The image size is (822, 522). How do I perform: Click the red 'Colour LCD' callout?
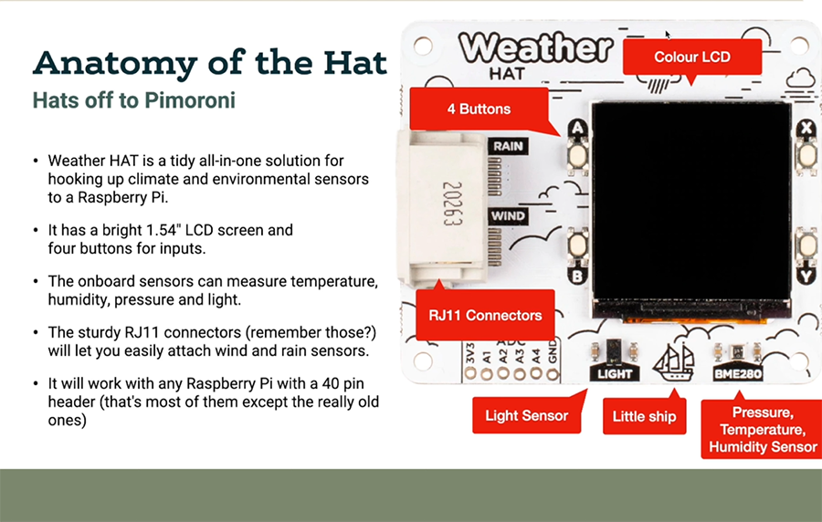point(692,57)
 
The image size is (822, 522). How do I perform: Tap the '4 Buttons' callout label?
point(479,109)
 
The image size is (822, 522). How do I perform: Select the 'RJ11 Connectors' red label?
point(485,315)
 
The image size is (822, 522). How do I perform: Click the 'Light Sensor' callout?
point(526,415)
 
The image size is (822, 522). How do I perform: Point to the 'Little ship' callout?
point(644,416)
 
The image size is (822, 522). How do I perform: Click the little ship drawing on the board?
point(674,361)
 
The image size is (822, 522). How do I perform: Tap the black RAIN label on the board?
point(508,146)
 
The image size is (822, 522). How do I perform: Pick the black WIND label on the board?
point(508,216)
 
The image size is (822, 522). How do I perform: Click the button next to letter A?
point(578,154)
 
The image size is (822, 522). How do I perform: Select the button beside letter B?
point(578,245)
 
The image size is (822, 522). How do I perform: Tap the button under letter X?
point(807,155)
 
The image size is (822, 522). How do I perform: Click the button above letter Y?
point(807,245)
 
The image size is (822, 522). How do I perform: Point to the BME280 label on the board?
point(738,373)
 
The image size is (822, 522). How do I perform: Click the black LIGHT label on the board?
point(615,373)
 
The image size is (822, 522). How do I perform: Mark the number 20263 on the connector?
point(452,204)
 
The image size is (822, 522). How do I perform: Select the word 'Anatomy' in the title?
point(115,63)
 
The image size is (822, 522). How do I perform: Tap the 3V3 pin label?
point(470,353)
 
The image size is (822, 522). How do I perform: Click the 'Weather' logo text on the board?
point(536,47)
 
